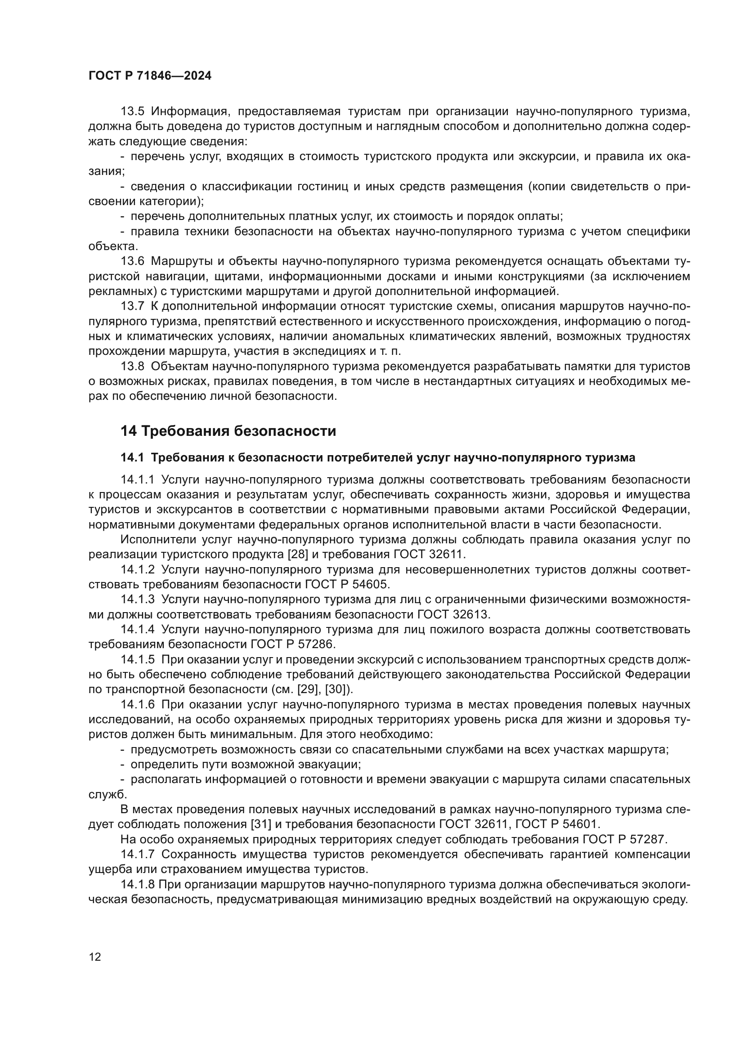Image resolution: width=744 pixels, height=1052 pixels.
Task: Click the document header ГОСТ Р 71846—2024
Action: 150,76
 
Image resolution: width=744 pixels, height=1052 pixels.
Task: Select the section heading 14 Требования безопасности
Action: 228,431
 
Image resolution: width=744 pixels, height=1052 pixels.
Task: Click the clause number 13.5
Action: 132,112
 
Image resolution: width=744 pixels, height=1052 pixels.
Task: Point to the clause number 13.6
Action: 132,262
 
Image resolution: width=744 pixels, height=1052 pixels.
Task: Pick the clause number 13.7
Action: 132,307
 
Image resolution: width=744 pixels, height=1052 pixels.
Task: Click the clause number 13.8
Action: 132,367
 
